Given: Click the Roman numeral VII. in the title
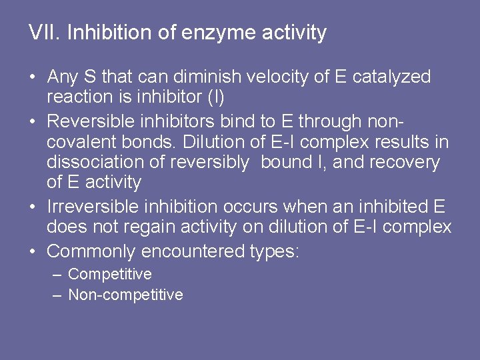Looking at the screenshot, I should [x=45, y=33].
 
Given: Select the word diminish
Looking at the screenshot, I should [x=207, y=77].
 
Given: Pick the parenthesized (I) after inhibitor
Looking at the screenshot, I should [x=216, y=97].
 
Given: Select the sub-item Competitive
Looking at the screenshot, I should [x=110, y=274].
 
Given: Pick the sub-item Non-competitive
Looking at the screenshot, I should [x=125, y=295].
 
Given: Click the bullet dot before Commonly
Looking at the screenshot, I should [x=33, y=252].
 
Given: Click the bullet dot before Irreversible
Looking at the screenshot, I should [x=33, y=208].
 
